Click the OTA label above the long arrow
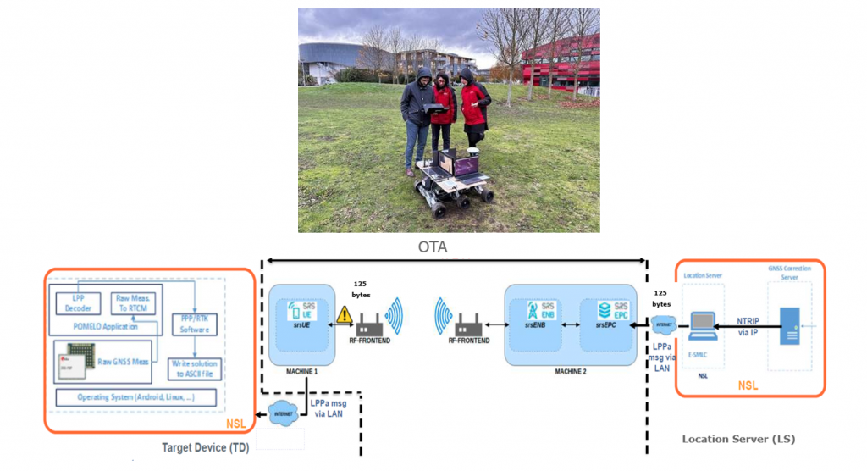coord(432,248)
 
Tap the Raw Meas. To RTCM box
coord(135,303)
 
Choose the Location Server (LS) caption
coord(738,439)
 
